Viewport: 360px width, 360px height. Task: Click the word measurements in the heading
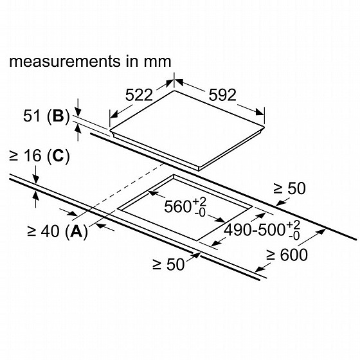pyautogui.click(x=65, y=62)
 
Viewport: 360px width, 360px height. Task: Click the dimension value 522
pyautogui.click(x=139, y=95)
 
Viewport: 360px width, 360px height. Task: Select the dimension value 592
pyautogui.click(x=222, y=95)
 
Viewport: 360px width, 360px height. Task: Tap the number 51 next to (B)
pyautogui.click(x=32, y=116)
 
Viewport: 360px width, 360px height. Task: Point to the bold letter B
pyautogui.click(x=58, y=116)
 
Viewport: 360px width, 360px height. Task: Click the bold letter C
pyautogui.click(x=58, y=156)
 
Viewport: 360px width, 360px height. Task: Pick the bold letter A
pyautogui.click(x=76, y=231)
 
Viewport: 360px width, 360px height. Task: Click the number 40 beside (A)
pyautogui.click(x=50, y=231)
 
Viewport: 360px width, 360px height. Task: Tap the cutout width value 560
pyautogui.click(x=178, y=206)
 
